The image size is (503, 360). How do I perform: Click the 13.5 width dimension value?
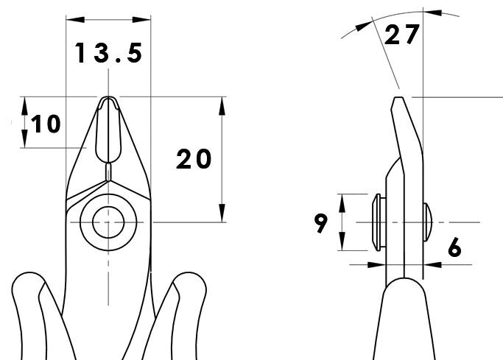(108, 53)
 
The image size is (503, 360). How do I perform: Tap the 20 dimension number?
(194, 159)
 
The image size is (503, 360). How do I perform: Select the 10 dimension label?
(46, 124)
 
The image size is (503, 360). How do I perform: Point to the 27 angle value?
(401, 35)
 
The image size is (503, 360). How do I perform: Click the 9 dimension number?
(321, 223)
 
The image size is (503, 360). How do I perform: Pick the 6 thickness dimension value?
(454, 247)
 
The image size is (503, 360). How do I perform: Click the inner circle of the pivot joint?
(108, 222)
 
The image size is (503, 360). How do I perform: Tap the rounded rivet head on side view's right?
(428, 222)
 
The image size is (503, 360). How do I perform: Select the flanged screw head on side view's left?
(379, 222)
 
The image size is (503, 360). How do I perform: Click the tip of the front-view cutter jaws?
(108, 97)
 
